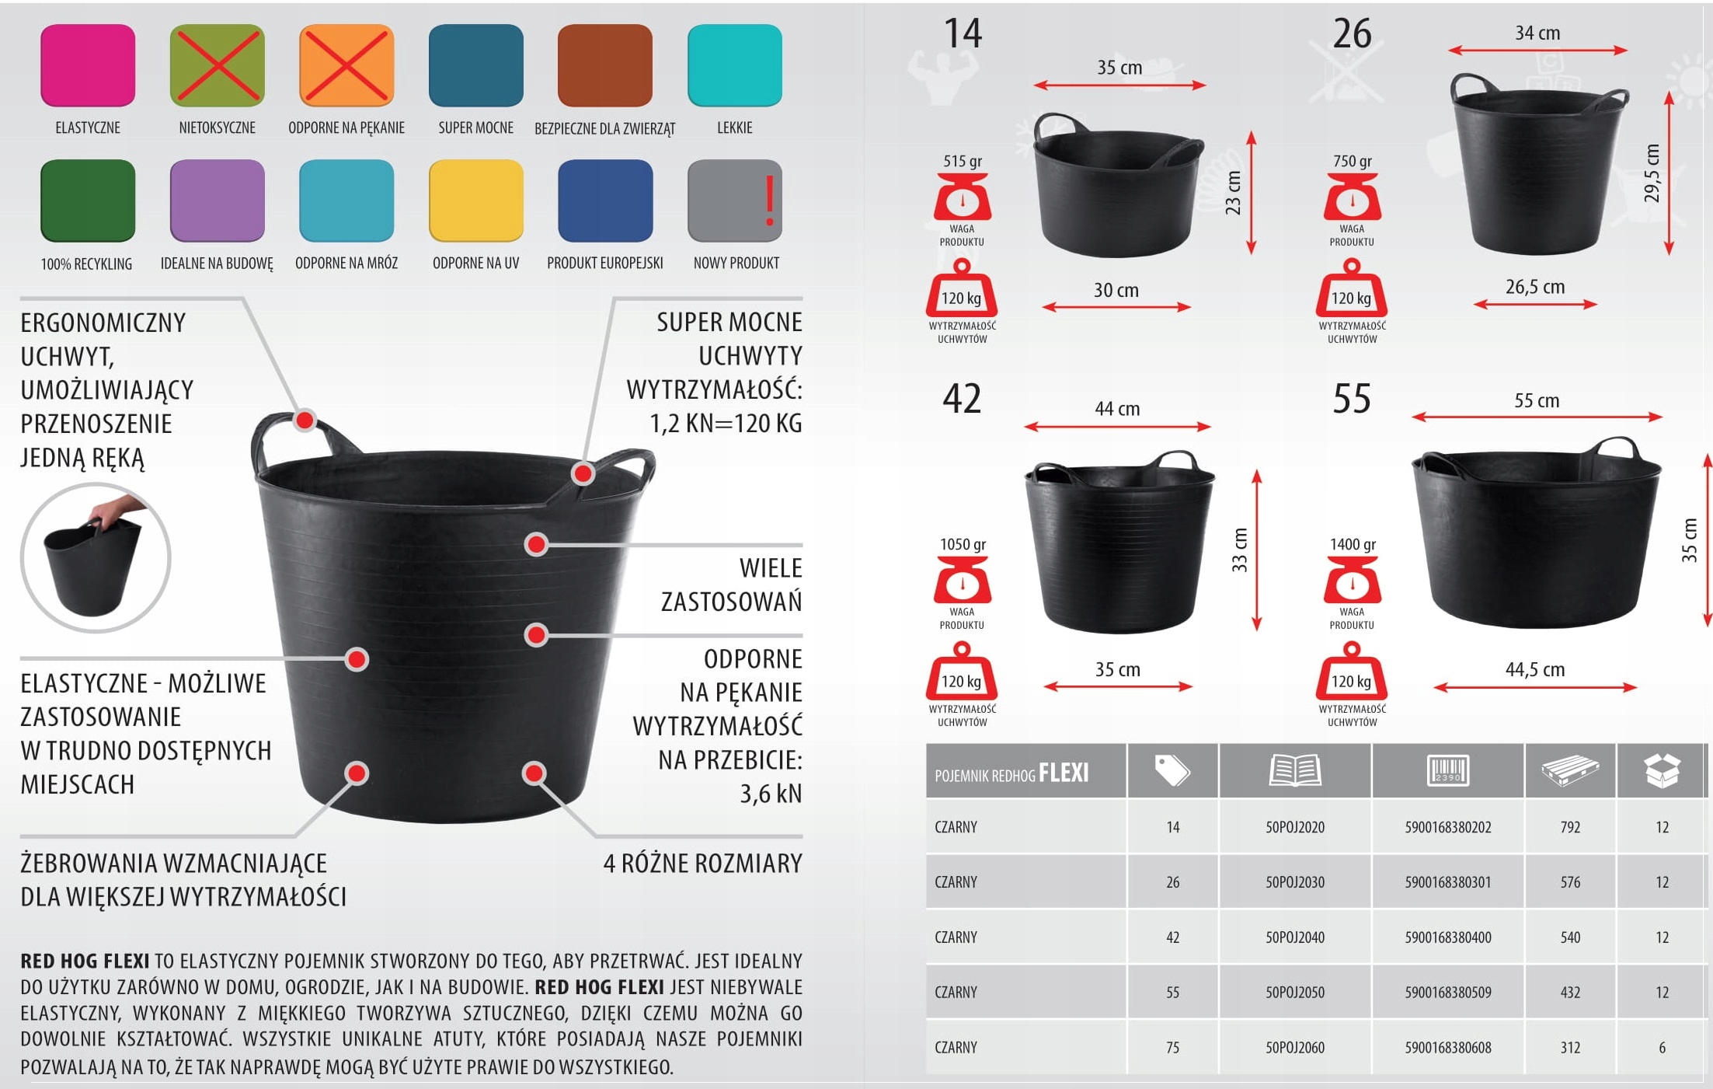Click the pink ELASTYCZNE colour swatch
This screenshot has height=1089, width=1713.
[88, 65]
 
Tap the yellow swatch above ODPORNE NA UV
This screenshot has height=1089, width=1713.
[476, 201]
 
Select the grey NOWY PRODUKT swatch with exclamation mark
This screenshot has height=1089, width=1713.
[735, 201]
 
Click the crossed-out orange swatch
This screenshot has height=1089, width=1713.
[346, 65]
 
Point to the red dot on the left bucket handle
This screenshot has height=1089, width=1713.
[305, 421]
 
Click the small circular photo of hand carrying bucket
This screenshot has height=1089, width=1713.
[96, 557]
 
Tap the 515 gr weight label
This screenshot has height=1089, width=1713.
[963, 161]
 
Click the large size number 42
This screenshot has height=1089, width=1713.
[962, 399]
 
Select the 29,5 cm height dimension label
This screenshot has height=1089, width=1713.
[1652, 173]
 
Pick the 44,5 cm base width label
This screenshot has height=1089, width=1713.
[1535, 669]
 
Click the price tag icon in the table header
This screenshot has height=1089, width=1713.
[1172, 770]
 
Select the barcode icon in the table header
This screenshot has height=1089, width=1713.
[1448, 770]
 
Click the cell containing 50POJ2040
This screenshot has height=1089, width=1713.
[1295, 937]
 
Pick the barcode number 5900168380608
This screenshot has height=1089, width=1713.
[1448, 1048]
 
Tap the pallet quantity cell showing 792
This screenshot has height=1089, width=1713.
[1570, 827]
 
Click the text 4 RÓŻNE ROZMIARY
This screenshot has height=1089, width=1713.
[703, 864]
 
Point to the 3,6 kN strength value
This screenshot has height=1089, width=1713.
[771, 794]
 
